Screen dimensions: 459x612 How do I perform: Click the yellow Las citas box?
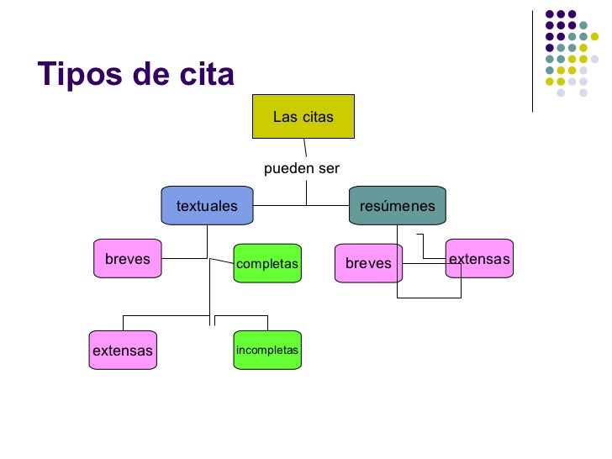click(303, 117)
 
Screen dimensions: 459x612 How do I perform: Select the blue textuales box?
click(207, 206)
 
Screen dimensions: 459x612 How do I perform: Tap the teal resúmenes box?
click(397, 206)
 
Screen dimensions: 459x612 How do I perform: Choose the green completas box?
click(267, 264)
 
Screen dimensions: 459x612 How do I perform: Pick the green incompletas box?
click(267, 350)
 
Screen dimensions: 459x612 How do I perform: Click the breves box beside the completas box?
click(128, 259)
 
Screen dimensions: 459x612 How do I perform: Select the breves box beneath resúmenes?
click(368, 263)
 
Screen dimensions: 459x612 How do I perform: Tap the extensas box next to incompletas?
click(123, 351)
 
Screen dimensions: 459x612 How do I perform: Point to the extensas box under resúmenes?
click(479, 259)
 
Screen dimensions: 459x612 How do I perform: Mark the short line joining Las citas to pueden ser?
click(306, 148)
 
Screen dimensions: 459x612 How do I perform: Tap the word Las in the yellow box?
click(283, 117)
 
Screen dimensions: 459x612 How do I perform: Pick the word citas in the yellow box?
click(316, 117)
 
